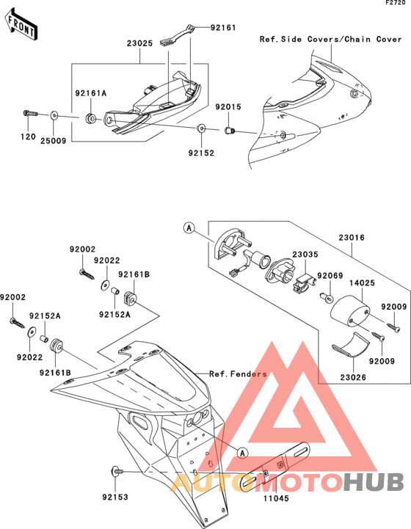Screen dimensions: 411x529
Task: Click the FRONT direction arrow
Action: [21, 26]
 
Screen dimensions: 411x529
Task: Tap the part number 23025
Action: [139, 43]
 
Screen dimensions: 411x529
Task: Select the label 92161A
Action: [90, 93]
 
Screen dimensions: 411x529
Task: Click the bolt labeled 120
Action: [30, 113]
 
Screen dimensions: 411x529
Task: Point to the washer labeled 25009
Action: [54, 116]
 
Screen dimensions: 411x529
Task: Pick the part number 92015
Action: [228, 107]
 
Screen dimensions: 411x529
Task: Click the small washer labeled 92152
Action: [201, 128]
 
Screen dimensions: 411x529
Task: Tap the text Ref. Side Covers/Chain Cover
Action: [331, 39]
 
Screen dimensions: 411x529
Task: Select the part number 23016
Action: [352, 238]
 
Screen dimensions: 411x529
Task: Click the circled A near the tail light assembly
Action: [189, 228]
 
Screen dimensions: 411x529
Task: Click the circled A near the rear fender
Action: [242, 453]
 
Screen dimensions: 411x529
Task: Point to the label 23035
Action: [305, 255]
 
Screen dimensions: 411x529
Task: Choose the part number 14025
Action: [362, 282]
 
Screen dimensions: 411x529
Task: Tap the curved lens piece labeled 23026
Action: [351, 346]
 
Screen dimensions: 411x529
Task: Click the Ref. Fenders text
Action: [238, 373]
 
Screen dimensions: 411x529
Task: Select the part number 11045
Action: [276, 498]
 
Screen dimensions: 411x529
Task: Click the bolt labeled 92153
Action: [117, 471]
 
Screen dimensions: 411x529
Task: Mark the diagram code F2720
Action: [396, 3]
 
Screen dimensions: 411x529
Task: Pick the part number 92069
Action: [330, 276]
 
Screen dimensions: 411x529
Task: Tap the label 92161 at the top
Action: [223, 27]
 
